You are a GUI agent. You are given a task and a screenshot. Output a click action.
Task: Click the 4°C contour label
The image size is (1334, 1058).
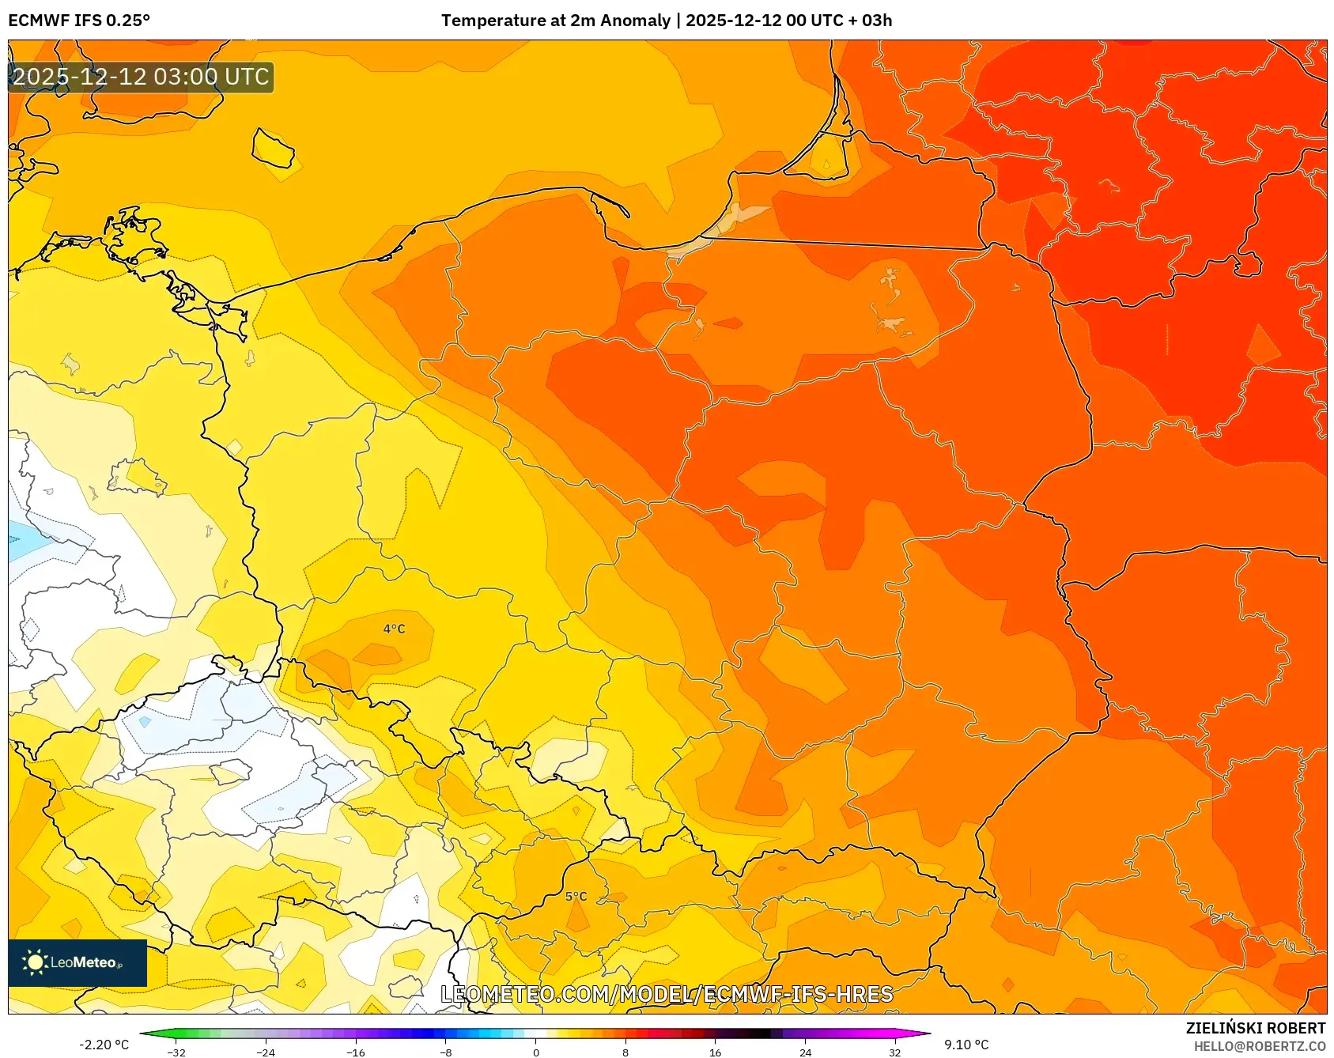pyautogui.click(x=394, y=629)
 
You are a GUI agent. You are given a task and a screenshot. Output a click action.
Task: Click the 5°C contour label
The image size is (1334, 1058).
pyautogui.click(x=576, y=896)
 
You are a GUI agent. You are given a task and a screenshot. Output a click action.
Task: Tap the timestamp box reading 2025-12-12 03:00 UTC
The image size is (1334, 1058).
pyautogui.click(x=142, y=77)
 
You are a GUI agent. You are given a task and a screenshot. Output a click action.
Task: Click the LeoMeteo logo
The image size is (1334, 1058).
pyautogui.click(x=77, y=962)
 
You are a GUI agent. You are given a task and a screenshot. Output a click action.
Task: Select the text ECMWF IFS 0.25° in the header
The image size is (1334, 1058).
pyautogui.click(x=79, y=21)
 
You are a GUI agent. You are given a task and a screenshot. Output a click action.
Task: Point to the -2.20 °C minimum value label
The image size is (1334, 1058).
pyautogui.click(x=104, y=1045)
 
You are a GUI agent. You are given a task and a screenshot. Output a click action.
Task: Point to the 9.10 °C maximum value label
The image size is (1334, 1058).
pyautogui.click(x=966, y=1045)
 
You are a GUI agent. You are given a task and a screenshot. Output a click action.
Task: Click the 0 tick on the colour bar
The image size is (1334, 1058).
pyautogui.click(x=536, y=1052)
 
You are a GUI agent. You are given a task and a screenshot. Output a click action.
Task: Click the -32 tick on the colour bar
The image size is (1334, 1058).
pyautogui.click(x=176, y=1052)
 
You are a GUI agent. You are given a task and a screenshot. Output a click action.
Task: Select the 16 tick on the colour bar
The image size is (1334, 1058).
pyautogui.click(x=715, y=1052)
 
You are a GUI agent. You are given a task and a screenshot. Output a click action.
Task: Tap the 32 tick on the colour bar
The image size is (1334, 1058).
pyautogui.click(x=894, y=1052)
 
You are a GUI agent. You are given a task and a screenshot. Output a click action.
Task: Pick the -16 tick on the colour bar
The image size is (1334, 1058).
pyautogui.click(x=356, y=1052)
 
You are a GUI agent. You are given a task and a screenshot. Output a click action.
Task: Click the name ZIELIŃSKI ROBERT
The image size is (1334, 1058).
pyautogui.click(x=1255, y=1028)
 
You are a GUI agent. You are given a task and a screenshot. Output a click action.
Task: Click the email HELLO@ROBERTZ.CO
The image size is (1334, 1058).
pyautogui.click(x=1259, y=1046)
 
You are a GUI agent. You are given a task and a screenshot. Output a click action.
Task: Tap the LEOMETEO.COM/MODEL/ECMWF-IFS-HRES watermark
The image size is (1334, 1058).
pyautogui.click(x=667, y=994)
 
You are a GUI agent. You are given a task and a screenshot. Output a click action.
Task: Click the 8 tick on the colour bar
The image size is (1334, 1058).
pyautogui.click(x=625, y=1052)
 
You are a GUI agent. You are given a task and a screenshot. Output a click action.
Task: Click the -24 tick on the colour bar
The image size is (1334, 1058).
pyautogui.click(x=266, y=1052)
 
